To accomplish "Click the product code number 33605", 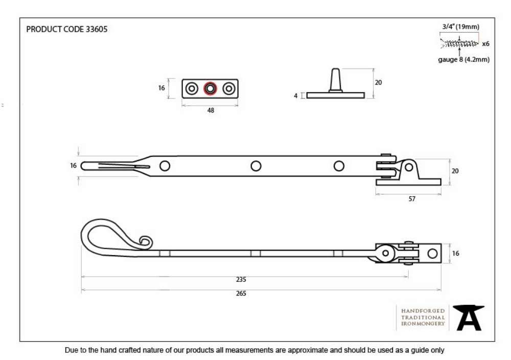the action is pyautogui.click(x=97, y=29).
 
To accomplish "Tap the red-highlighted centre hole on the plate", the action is pyautogui.click(x=210, y=88).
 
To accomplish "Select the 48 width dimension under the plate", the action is pyautogui.click(x=211, y=110).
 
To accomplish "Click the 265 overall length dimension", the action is pyautogui.click(x=241, y=294).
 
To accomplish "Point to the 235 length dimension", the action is pyautogui.click(x=241, y=279).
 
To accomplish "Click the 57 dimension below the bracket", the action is pyautogui.click(x=412, y=199).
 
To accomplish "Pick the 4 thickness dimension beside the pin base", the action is pyautogui.click(x=295, y=96).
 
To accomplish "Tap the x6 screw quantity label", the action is pyautogui.click(x=485, y=43).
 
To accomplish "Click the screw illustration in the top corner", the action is pyautogui.click(x=459, y=43).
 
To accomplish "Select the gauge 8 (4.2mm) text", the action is pyautogui.click(x=463, y=59).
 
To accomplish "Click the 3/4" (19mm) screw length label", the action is pyautogui.click(x=460, y=27).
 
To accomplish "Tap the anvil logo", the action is pyautogui.click(x=468, y=318).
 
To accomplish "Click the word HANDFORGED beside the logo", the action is pyautogui.click(x=423, y=311).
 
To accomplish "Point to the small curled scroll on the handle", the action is pyautogui.click(x=146, y=242).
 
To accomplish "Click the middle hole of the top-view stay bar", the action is pyautogui.click(x=256, y=166).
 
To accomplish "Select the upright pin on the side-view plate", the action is pyautogui.click(x=335, y=80).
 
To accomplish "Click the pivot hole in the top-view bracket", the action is pyautogui.click(x=409, y=168).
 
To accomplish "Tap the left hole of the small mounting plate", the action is pyautogui.click(x=192, y=88).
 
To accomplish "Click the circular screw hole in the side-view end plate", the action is pyautogui.click(x=432, y=253).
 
